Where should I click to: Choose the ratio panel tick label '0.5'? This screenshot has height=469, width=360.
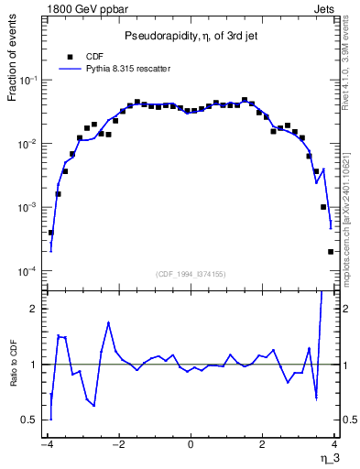click(29, 420)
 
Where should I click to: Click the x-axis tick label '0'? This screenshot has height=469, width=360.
click(191, 445)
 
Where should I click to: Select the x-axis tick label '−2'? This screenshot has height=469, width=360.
click(117, 445)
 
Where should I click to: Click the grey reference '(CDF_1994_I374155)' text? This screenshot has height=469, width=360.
click(190, 273)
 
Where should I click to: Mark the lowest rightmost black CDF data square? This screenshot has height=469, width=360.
click(331, 252)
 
